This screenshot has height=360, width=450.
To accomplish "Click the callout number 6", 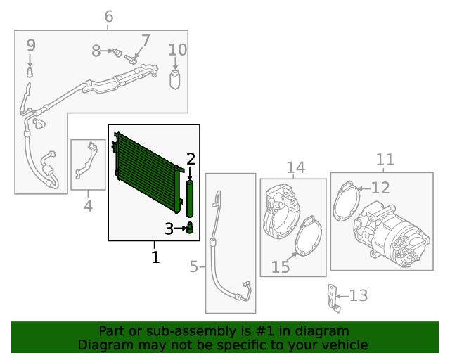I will point(108,16).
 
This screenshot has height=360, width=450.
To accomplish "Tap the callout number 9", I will point(31,46).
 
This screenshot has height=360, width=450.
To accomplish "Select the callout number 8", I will point(96,51).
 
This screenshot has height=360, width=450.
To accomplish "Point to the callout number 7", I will point(146,41).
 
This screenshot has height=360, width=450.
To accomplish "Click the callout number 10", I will point(178,50).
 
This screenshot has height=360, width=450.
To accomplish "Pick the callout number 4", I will point(88,206).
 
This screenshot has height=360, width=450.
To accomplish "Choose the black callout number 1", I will point(155,257).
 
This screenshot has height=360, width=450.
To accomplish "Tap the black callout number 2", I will point(190,158).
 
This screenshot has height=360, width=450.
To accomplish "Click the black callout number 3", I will point(169,229).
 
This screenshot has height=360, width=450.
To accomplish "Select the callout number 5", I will point(194,267).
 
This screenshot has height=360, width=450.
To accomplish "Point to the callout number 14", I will point(295,167).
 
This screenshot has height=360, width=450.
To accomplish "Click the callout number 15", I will point(281,268).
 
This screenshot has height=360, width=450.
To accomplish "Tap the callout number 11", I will point(385,160).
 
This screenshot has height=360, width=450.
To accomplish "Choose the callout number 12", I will point(380,188).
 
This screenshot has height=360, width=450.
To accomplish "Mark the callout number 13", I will point(359,295).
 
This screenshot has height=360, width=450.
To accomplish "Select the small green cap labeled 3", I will point(190,229).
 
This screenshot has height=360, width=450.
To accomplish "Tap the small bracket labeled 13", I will point(335,299).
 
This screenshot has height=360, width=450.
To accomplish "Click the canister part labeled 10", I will point(175,77).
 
